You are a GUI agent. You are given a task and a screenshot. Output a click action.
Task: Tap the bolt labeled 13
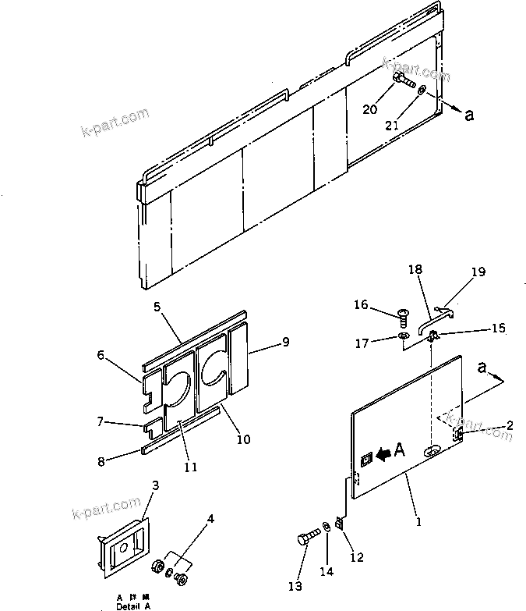point(306,538)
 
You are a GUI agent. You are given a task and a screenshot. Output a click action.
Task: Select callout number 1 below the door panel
point(418,522)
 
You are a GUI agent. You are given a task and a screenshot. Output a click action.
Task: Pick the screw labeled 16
point(403,317)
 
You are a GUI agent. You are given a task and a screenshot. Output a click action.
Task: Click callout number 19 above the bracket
point(478,272)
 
